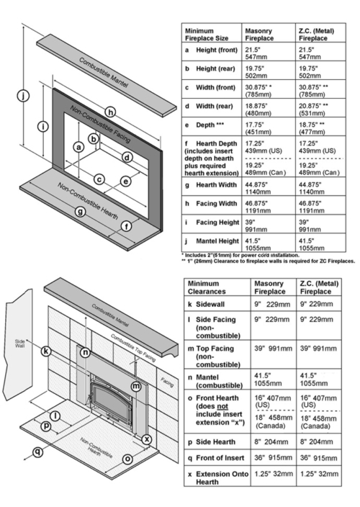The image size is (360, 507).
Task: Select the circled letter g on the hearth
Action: (80, 211)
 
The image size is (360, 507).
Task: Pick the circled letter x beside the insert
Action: (147, 439)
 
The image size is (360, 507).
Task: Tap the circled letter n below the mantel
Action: (86, 352)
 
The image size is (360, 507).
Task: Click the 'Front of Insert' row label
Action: (215, 457)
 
